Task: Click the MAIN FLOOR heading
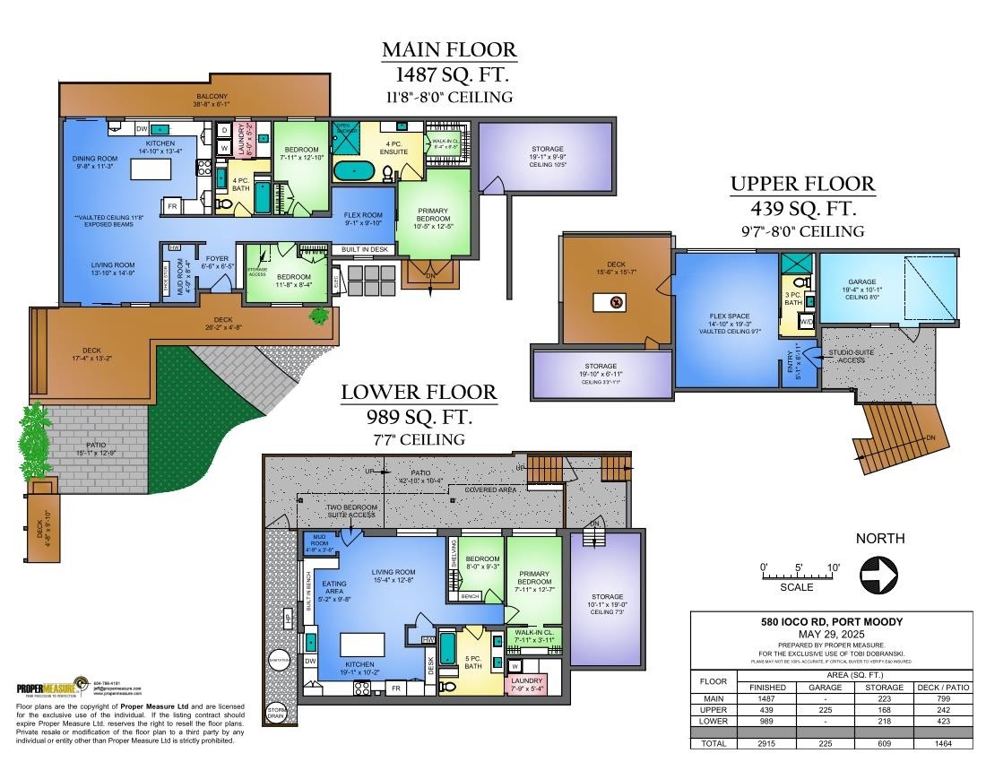[x=449, y=49]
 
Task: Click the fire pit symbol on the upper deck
[x=614, y=303]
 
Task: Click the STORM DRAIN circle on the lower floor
[x=277, y=714]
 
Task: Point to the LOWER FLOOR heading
[x=419, y=393]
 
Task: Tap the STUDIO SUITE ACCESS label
[x=852, y=356]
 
